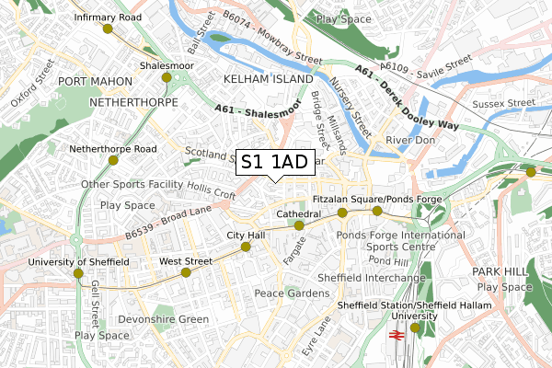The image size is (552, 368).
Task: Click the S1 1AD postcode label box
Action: coord(273,163)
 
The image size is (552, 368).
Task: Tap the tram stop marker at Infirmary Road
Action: coord(108,29)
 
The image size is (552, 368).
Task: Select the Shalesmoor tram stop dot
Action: coord(167,77)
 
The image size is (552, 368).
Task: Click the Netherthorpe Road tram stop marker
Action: coord(113,160)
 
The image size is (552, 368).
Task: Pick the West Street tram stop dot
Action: coord(186,272)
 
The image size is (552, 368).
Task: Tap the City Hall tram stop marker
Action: coord(246,247)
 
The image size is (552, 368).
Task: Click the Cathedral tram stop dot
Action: coord(299,224)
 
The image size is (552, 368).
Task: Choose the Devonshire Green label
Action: coord(164,319)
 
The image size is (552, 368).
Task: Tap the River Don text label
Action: coord(409,140)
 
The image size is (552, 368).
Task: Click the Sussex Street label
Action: coord(505,103)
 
